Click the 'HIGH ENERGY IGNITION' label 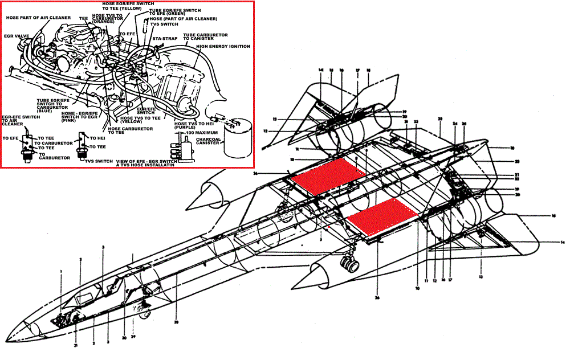tap(223, 47)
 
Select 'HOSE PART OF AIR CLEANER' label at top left tap(38, 18)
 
